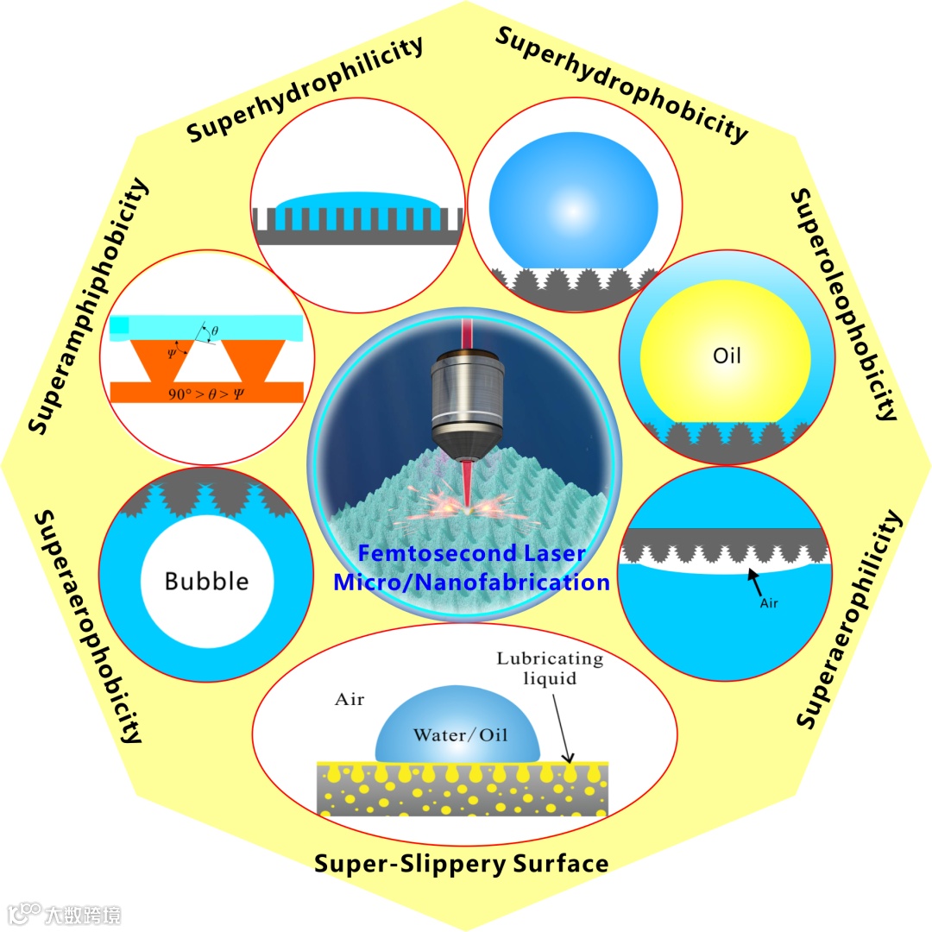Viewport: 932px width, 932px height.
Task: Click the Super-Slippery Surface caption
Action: [x=462, y=863]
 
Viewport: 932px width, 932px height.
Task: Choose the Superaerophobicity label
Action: [x=87, y=627]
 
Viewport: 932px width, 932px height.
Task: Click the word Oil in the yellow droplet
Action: [x=727, y=356]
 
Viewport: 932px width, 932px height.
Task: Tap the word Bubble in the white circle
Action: [x=207, y=580]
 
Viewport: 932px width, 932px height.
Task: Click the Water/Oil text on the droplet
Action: [x=460, y=735]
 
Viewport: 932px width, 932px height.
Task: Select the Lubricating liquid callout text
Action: [x=550, y=668]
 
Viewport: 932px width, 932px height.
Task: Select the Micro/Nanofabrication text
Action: [x=471, y=582]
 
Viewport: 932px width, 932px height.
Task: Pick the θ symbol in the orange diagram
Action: [x=215, y=329]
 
